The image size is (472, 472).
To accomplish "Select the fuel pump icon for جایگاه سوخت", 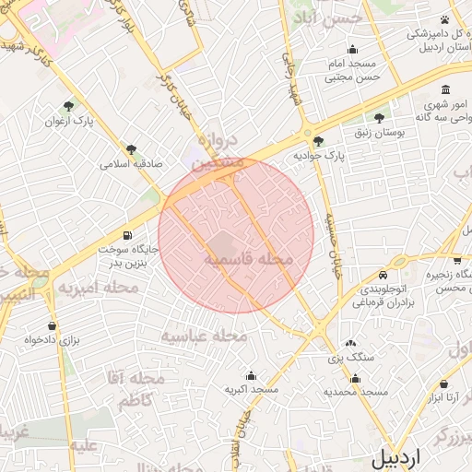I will [126, 234].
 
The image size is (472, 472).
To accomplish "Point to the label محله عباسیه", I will [205, 336].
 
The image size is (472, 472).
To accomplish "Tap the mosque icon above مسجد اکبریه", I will [251, 376].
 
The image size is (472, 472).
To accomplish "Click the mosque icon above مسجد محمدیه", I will [355, 378].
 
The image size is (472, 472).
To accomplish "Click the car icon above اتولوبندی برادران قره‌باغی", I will [382, 275].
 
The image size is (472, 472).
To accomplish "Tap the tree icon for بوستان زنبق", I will [379, 118].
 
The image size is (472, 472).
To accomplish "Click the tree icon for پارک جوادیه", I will [318, 142].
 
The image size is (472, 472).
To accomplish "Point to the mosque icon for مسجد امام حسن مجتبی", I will [351, 50].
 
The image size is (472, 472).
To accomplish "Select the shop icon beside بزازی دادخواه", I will [51, 325].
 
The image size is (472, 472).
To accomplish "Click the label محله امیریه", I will [97, 289].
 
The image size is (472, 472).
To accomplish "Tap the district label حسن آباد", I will [317, 18].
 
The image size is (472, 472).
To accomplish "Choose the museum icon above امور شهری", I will [445, 90].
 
